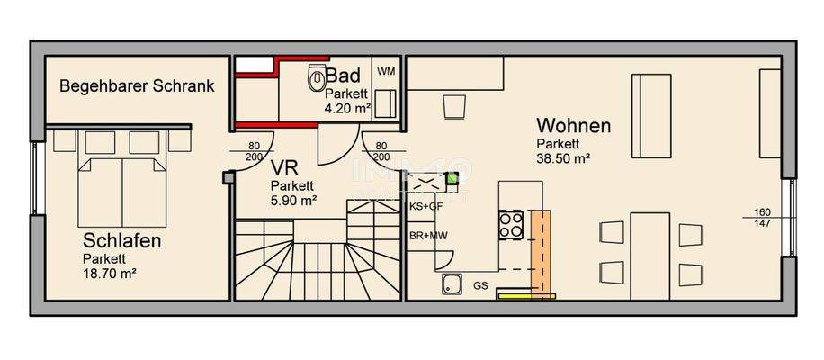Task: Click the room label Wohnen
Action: [573, 126]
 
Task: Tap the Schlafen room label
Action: [122, 241]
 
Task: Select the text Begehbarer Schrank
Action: [137, 87]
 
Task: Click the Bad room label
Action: [344, 76]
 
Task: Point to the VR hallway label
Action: [283, 168]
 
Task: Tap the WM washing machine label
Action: [385, 71]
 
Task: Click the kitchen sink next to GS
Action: [451, 286]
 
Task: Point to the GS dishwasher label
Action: [480, 286]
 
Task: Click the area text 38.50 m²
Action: [564, 158]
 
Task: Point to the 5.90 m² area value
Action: [293, 202]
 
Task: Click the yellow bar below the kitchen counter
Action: [528, 295]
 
